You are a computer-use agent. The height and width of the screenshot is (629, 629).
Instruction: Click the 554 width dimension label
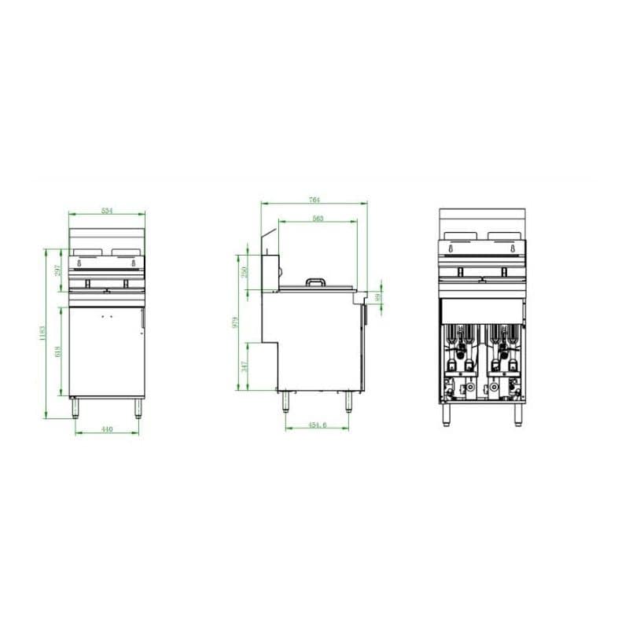coord(107,210)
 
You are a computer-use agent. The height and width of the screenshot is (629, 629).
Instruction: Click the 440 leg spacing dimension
coord(108,429)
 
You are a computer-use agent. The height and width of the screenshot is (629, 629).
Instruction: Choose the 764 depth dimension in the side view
coord(314,200)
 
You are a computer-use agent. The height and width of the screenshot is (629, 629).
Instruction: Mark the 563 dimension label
coord(318,219)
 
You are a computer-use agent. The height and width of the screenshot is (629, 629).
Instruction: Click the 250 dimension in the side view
coord(245,271)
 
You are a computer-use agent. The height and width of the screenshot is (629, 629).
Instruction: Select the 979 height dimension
coord(235,324)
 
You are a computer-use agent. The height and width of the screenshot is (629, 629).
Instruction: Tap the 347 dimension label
coord(245,366)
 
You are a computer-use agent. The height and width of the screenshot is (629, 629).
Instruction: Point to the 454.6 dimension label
coord(317,425)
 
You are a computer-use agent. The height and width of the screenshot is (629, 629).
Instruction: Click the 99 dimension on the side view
coord(378,296)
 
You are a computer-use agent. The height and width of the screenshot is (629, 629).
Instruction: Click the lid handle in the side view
coord(316,280)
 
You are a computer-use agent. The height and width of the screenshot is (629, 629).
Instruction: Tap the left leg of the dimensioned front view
coord(76,406)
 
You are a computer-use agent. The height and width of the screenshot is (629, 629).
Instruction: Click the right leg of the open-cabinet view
coord(518,414)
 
